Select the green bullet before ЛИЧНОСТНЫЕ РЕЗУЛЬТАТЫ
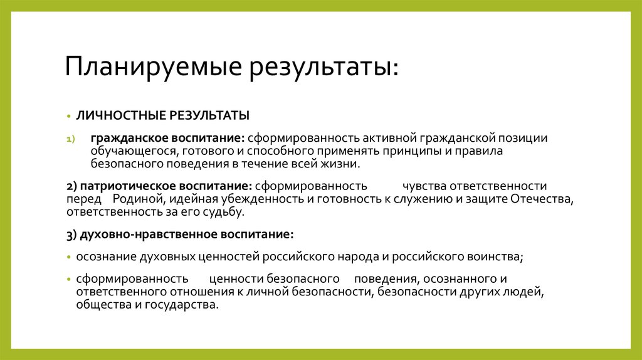pos(70,117)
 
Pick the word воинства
pos(494,257)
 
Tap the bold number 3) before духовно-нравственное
pos(71,234)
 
